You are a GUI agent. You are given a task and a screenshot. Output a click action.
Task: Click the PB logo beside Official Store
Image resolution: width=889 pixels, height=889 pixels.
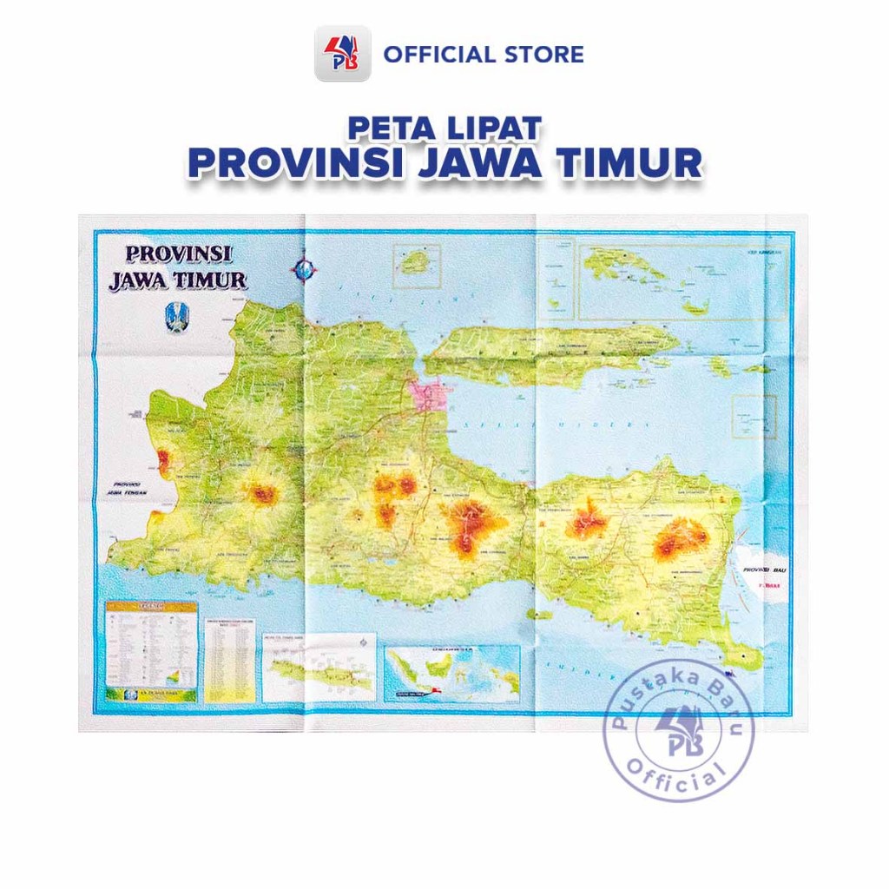(x=342, y=54)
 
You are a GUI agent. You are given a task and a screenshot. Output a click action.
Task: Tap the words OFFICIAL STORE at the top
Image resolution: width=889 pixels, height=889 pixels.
(x=484, y=55)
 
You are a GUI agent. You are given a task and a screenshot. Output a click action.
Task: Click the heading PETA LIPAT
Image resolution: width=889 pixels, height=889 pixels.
(x=444, y=128)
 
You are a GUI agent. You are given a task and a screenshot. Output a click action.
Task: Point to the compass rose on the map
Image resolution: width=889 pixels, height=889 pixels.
(x=303, y=269)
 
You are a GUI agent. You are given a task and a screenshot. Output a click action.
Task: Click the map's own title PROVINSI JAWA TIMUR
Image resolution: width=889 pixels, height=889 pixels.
(x=177, y=267)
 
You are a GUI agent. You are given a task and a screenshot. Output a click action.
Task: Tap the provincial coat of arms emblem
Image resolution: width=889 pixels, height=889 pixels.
(x=174, y=317)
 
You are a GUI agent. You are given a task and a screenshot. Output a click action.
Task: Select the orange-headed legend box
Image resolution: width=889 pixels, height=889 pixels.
(x=151, y=651)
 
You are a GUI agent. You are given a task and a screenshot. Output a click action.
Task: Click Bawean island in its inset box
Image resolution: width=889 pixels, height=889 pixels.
(x=415, y=260)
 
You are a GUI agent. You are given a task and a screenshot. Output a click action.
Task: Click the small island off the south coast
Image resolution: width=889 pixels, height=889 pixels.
(x=538, y=615)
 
